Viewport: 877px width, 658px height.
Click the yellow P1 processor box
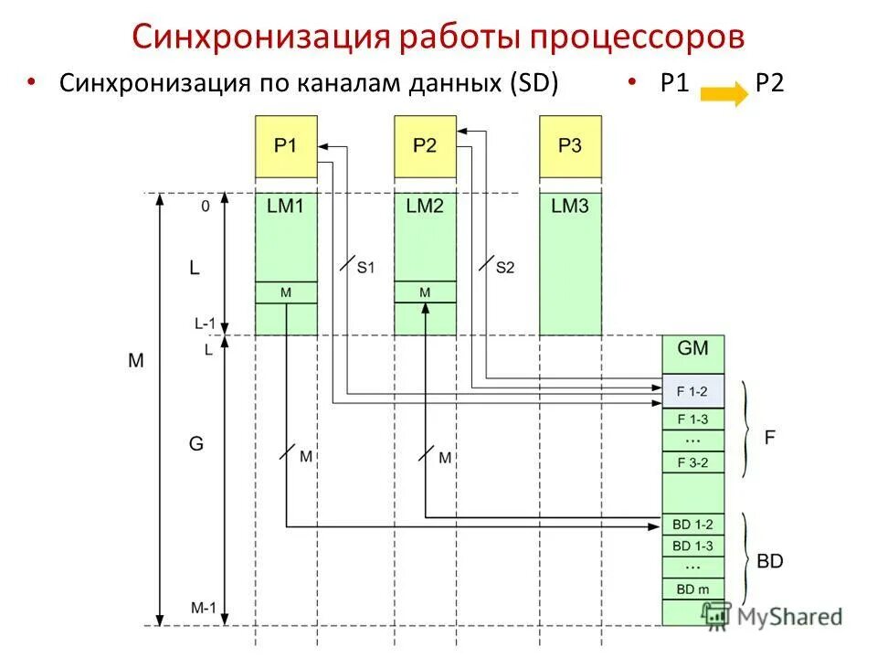click(x=286, y=146)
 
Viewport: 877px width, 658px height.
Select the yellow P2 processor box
click(x=425, y=146)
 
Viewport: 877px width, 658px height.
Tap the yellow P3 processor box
click(x=570, y=146)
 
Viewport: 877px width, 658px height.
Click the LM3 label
click(x=570, y=207)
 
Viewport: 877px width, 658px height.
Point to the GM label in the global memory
click(x=692, y=348)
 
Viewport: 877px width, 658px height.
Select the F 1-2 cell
click(x=692, y=391)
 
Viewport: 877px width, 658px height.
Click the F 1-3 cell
click(x=692, y=419)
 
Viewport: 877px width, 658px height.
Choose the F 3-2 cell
click(x=692, y=462)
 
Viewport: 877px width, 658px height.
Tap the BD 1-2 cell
click(x=692, y=525)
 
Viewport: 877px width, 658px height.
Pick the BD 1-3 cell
click(x=692, y=546)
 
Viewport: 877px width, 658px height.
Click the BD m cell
click(x=692, y=589)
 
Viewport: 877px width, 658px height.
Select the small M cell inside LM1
click(x=286, y=292)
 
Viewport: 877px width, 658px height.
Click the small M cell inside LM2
click(x=425, y=292)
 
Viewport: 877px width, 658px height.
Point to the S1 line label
click(x=365, y=268)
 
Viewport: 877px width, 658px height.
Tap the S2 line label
click(x=505, y=268)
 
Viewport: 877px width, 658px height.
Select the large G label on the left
click(x=196, y=444)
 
